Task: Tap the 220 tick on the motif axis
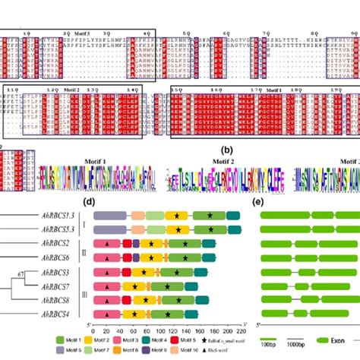tap(242, 333)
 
